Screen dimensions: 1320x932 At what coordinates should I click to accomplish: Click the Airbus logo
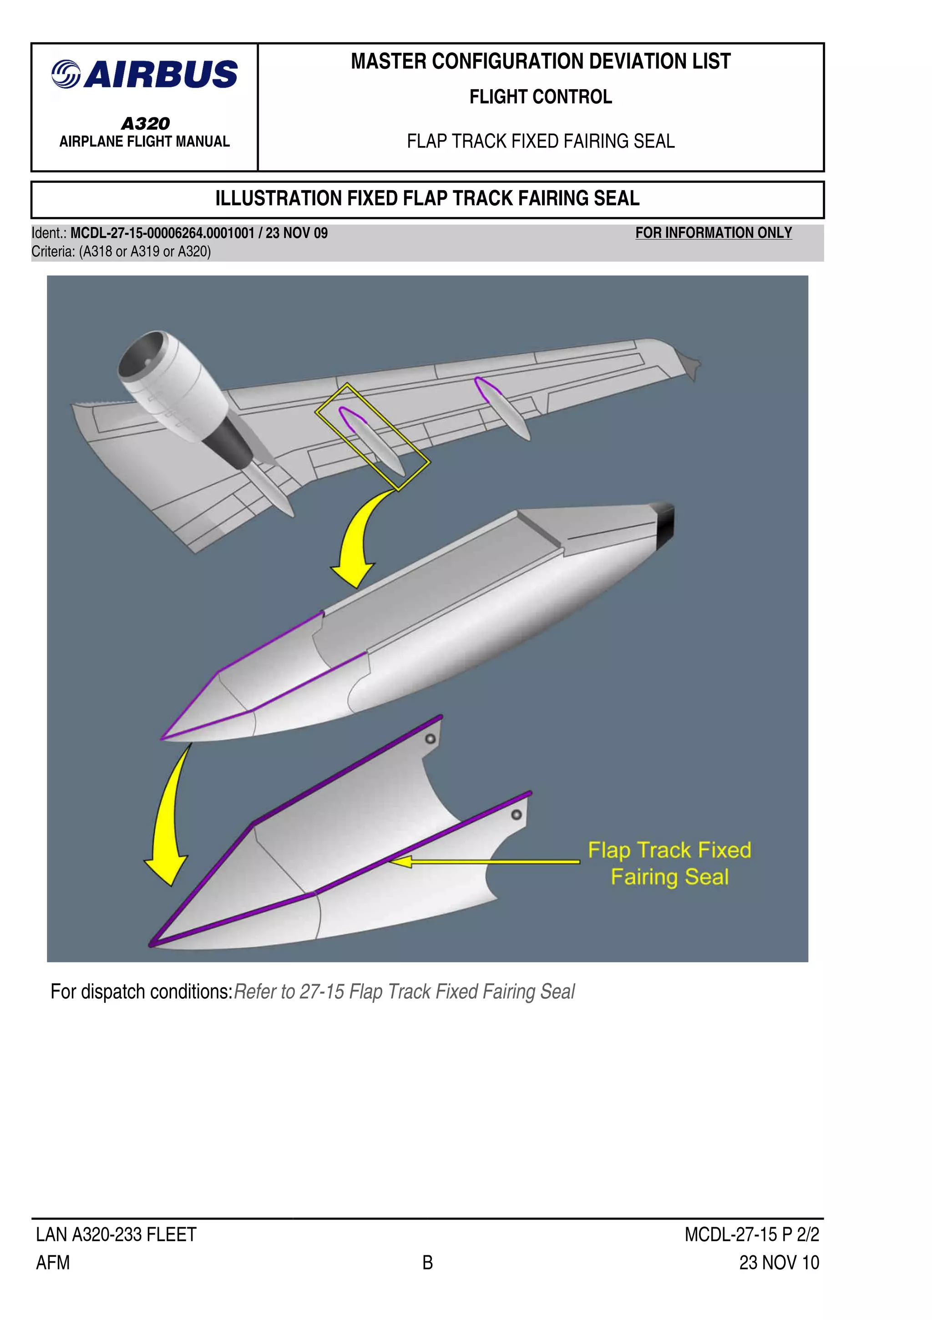point(145,75)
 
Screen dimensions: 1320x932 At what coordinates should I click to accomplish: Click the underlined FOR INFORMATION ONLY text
point(713,233)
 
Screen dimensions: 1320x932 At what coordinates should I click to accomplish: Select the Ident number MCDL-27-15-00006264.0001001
point(162,233)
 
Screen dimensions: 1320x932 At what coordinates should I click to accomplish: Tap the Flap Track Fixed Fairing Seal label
point(669,864)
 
